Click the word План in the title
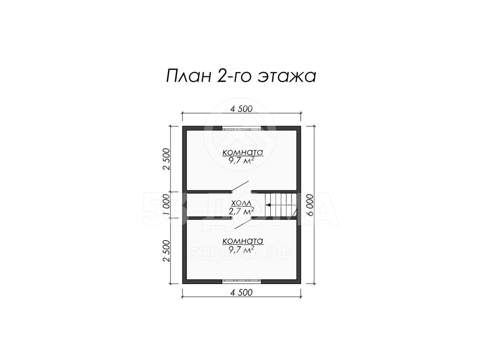point(188,76)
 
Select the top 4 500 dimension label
point(241,109)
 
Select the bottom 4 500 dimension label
point(241,292)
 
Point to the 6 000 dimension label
point(310,205)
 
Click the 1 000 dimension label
point(166,205)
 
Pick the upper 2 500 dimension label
point(166,159)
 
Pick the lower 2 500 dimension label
point(166,251)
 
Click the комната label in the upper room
point(243,152)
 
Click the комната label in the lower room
point(243,241)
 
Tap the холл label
point(242,204)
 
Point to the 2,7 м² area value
point(242,211)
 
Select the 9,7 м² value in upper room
point(242,161)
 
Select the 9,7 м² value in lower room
point(242,249)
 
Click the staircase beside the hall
point(281,205)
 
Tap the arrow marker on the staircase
point(268,205)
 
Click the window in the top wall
point(242,128)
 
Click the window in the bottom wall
point(242,282)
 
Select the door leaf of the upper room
point(240,186)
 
